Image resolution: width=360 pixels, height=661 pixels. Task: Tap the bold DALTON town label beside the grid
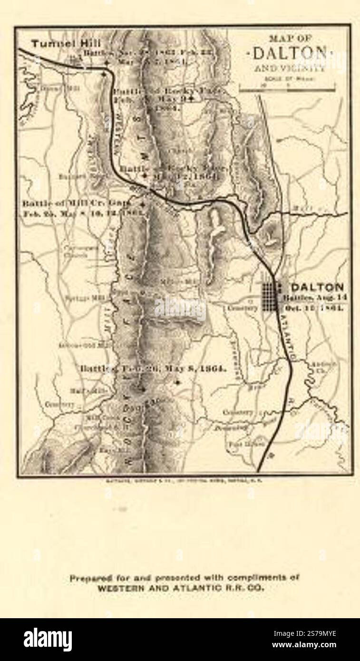pyautogui.click(x=317, y=287)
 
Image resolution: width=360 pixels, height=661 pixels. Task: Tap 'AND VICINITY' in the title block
pyautogui.click(x=290, y=68)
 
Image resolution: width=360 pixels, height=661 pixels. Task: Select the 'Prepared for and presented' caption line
pyautogui.click(x=185, y=578)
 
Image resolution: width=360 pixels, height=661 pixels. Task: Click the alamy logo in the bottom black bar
pyautogui.click(x=48, y=640)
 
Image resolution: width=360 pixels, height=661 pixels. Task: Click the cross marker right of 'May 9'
pyautogui.click(x=191, y=98)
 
